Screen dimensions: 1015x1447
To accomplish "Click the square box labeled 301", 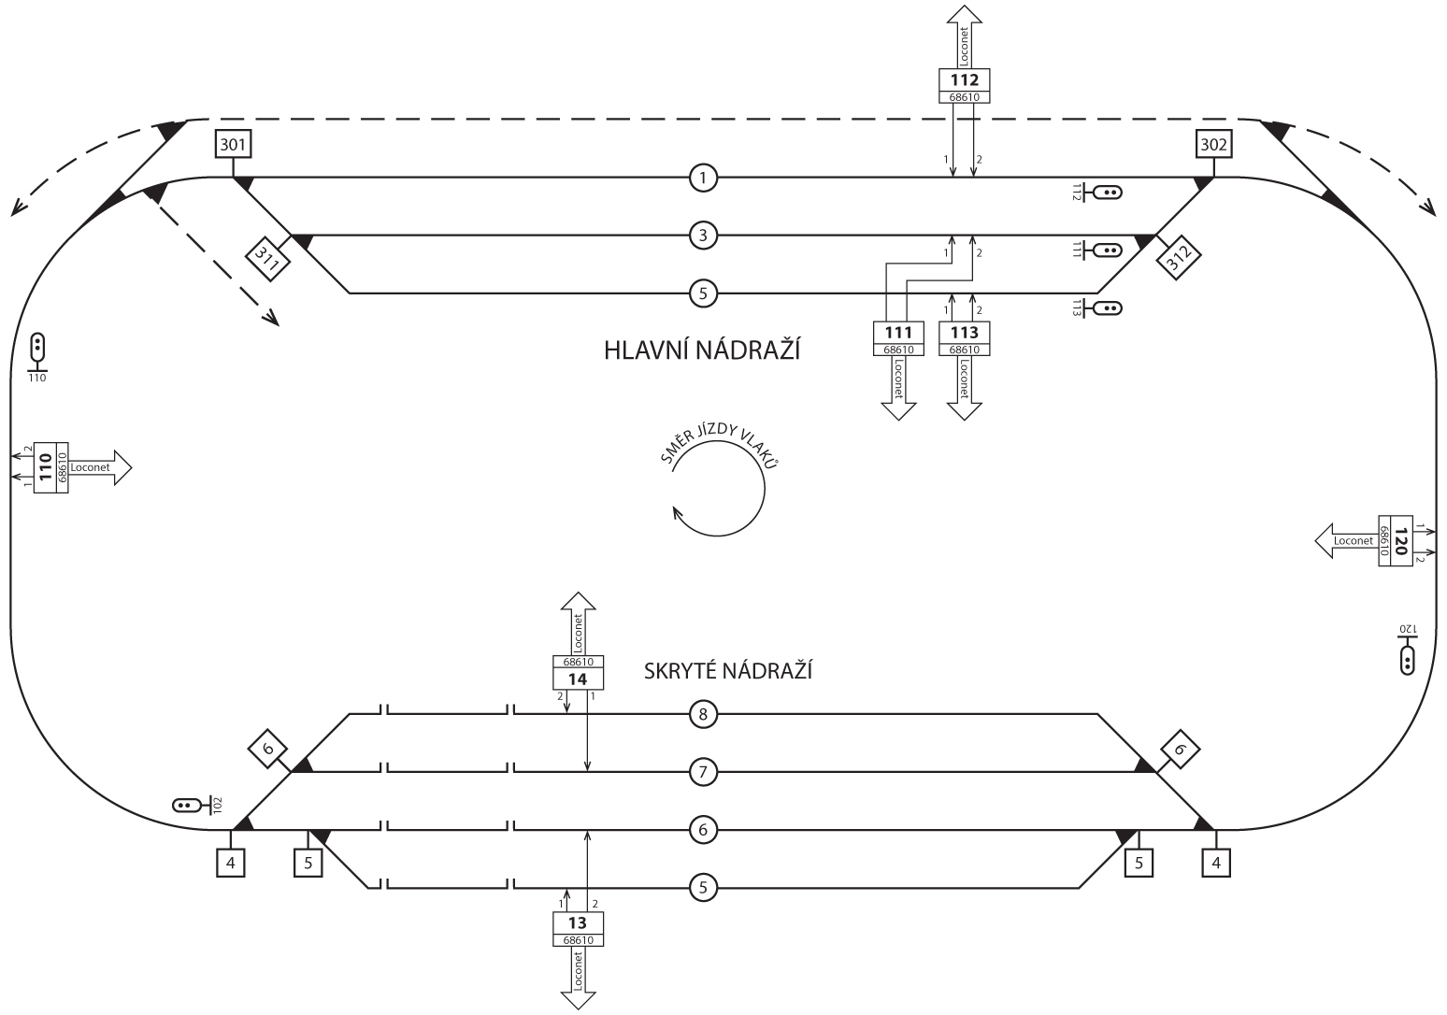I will pos(234,145).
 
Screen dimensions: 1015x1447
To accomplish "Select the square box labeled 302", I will pos(1213,145).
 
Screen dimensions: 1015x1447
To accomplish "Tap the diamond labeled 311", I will pos(269,255).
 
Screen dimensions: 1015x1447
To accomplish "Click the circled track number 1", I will pos(703,177).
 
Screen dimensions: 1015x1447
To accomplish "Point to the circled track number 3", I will pos(703,236).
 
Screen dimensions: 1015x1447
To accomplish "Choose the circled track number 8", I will pos(703,715).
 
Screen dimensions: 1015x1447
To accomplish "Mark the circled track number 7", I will pos(703,773).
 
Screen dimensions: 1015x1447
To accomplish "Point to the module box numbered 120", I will pos(1398,541).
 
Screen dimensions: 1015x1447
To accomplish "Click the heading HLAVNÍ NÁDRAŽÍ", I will pos(703,351).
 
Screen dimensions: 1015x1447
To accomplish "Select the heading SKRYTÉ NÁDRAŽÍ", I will pos(727,671).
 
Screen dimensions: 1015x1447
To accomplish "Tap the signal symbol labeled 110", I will pos(37,348).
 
